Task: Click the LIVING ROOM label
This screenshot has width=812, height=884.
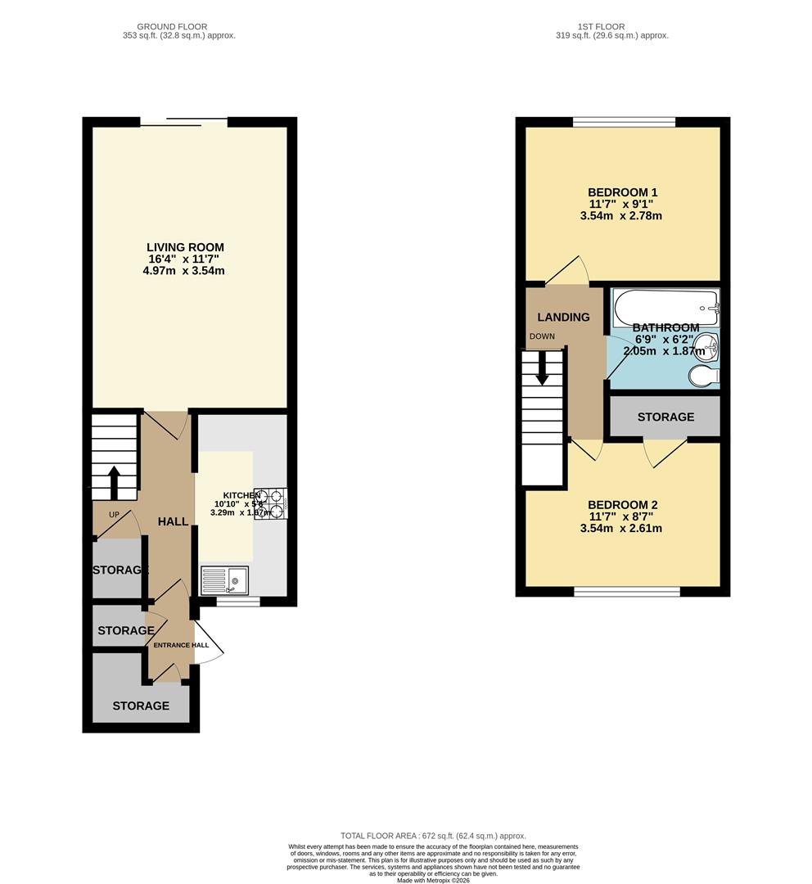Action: click(x=185, y=247)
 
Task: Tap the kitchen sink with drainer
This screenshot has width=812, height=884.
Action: click(x=224, y=580)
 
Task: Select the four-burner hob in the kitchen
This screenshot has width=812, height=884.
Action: click(x=269, y=504)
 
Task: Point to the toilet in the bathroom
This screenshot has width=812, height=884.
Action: click(x=703, y=375)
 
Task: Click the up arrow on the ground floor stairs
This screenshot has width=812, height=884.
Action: click(x=114, y=482)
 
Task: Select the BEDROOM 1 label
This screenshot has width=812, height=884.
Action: click(x=622, y=192)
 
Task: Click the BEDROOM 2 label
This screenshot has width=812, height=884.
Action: click(x=622, y=505)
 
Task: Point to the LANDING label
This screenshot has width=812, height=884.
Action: click(x=563, y=317)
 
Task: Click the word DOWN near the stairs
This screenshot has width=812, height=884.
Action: click(x=542, y=336)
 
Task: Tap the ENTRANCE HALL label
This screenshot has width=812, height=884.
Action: click(x=181, y=645)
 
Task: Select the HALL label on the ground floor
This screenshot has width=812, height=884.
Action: click(x=173, y=521)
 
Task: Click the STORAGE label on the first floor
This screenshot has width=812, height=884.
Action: click(x=665, y=417)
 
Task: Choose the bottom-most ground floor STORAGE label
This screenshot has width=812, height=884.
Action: click(x=141, y=706)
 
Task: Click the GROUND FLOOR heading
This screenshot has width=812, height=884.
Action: click(x=172, y=27)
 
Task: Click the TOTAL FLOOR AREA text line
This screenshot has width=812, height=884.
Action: click(x=433, y=835)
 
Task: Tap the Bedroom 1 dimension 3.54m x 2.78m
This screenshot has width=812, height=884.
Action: click(x=622, y=216)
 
